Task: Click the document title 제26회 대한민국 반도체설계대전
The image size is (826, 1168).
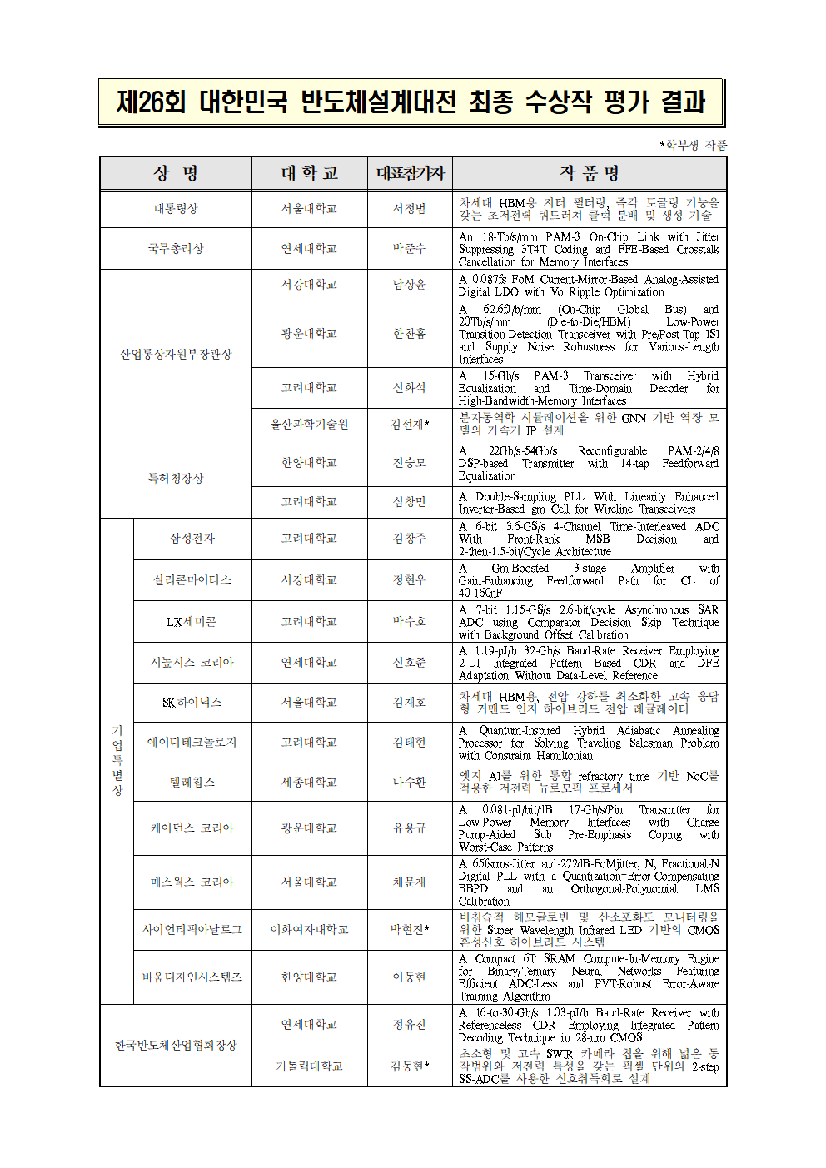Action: (411, 102)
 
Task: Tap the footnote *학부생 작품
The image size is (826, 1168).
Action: (694, 145)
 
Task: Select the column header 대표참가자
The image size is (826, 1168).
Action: (410, 173)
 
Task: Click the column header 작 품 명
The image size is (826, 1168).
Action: (589, 173)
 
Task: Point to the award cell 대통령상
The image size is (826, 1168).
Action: (176, 209)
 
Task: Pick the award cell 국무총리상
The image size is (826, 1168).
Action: (176, 249)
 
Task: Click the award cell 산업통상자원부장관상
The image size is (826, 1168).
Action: (176, 355)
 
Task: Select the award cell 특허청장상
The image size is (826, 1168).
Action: (176, 479)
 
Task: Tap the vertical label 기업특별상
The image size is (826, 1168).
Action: (117, 760)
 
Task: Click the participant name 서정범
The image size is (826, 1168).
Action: (410, 209)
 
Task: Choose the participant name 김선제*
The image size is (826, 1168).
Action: (410, 424)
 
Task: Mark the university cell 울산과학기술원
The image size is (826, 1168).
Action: (309, 424)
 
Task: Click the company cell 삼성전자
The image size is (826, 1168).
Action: (192, 539)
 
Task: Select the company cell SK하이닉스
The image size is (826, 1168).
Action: (192, 703)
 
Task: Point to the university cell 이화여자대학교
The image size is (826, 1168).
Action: (309, 930)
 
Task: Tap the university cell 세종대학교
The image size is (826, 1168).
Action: (309, 783)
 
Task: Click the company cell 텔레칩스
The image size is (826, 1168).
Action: (192, 783)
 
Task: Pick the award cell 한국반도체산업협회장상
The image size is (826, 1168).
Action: (176, 1046)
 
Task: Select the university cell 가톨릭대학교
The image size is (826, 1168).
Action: (309, 1066)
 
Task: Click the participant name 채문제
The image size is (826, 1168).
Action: (410, 882)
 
